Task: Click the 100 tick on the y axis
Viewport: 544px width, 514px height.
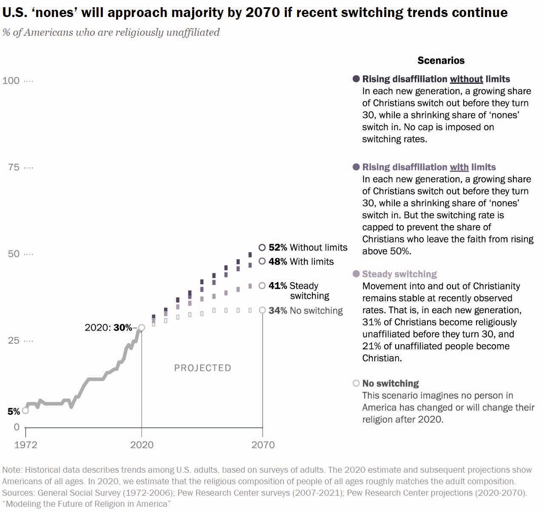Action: click(11, 80)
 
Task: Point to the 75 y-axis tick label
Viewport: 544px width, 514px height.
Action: click(14, 167)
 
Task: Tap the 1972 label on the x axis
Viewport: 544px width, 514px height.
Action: click(25, 445)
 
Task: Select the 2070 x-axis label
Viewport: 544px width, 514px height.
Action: click(263, 445)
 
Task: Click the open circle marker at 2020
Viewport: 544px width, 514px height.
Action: click(142, 328)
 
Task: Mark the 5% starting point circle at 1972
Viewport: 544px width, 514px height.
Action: click(25, 410)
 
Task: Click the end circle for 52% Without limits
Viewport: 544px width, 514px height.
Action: click(262, 247)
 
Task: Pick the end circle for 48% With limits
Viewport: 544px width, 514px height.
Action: click(262, 261)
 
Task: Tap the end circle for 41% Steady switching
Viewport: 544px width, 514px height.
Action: click(262, 286)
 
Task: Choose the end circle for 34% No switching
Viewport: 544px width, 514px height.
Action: click(263, 310)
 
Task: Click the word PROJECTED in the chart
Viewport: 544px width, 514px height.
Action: click(203, 368)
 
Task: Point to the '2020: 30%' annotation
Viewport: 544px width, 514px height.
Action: click(108, 328)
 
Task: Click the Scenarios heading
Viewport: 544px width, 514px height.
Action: click(441, 60)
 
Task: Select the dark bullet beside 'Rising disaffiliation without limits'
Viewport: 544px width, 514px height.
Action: click(356, 79)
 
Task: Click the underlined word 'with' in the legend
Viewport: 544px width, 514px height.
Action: click(459, 167)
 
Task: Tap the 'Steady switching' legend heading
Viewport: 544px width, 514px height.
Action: click(399, 274)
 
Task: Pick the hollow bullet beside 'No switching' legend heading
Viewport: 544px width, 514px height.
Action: click(356, 383)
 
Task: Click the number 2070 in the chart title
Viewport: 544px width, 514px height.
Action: click(262, 12)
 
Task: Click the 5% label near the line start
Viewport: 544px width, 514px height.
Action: click(14, 411)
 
